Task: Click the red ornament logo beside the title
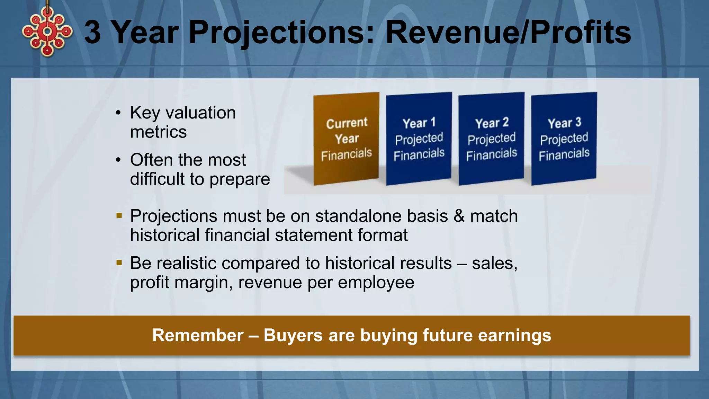coord(47,32)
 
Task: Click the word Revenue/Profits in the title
coord(508,32)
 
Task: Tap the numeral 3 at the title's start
coord(92,32)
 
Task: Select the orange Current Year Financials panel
coord(346,139)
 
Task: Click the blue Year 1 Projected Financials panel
coord(419,139)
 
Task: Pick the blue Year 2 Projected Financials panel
coord(491,139)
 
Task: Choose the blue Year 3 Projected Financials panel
coord(564,139)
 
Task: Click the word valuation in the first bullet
coord(200,113)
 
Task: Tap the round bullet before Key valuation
coord(118,113)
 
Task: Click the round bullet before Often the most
coord(118,160)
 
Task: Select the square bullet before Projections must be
coord(119,216)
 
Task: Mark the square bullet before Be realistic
coord(119,263)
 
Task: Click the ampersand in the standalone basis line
coord(459,216)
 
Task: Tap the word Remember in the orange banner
coord(198,335)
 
